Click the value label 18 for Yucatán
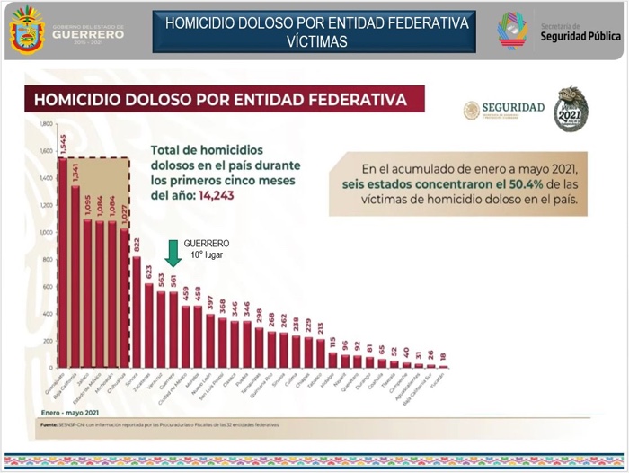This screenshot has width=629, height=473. coord(443,357)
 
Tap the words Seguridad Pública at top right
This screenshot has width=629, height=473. coord(580,37)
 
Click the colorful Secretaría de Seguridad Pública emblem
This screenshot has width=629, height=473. coord(513,31)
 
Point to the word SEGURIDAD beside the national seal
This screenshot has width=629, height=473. coord(512,107)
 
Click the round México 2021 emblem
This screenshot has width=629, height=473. coord(571,109)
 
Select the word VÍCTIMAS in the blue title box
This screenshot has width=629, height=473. coord(316,41)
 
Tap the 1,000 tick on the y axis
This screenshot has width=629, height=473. coord(45,233)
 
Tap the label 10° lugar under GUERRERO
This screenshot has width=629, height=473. coord(206,254)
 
